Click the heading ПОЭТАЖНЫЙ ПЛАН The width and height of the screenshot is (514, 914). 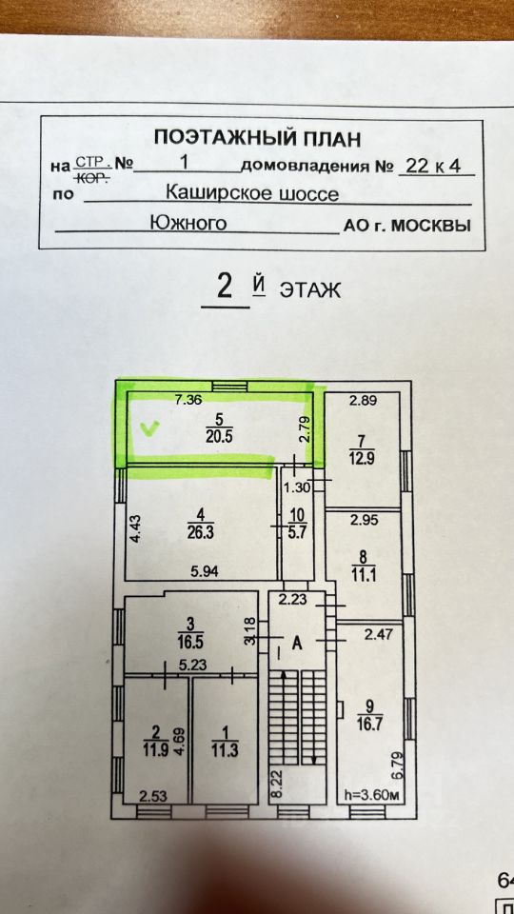coord(257,139)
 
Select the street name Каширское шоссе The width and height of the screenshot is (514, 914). coord(252,192)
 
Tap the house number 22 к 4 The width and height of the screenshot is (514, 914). coord(433,166)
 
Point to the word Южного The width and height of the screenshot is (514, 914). coord(188,223)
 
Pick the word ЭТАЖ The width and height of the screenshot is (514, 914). coord(309,289)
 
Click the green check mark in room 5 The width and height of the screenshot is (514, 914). coord(151,429)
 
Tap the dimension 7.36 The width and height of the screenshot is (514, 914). coord(188,399)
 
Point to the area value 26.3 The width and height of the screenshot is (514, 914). coord(201,532)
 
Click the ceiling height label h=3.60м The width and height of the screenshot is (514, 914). coord(370,794)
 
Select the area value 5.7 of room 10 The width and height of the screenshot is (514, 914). coord(297,531)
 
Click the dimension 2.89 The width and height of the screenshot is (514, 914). coord(362,401)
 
